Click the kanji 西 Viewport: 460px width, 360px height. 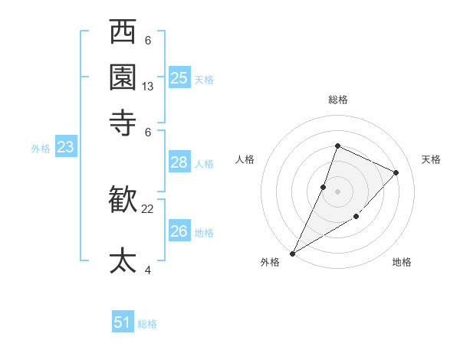click(123, 34)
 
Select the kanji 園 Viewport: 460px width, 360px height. click(123, 77)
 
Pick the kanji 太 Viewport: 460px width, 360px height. click(123, 260)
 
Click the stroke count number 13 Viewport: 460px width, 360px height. click(148, 87)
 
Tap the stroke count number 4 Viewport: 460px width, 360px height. click(148, 270)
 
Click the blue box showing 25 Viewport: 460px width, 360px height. click(179, 77)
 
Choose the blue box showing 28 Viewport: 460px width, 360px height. click(179, 162)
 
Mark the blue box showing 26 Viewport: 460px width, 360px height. click(179, 231)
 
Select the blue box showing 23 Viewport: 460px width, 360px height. click(65, 147)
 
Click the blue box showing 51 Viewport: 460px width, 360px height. click(123, 322)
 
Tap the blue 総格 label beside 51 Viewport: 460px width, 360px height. click(147, 324)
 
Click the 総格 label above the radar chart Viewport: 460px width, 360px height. click(337, 100)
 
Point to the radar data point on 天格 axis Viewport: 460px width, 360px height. click(396, 172)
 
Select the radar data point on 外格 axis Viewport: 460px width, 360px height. click(292, 253)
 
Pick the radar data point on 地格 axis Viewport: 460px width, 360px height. click(356, 218)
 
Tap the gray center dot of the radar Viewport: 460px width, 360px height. click(337, 191)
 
